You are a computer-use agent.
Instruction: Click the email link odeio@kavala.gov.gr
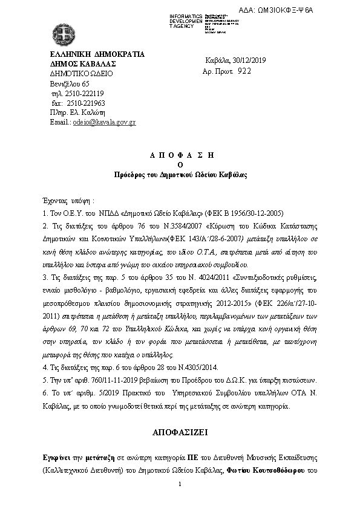click(104, 122)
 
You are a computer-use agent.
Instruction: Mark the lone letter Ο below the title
click(179, 164)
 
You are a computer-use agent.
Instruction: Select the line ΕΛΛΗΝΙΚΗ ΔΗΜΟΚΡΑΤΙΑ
click(97, 54)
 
